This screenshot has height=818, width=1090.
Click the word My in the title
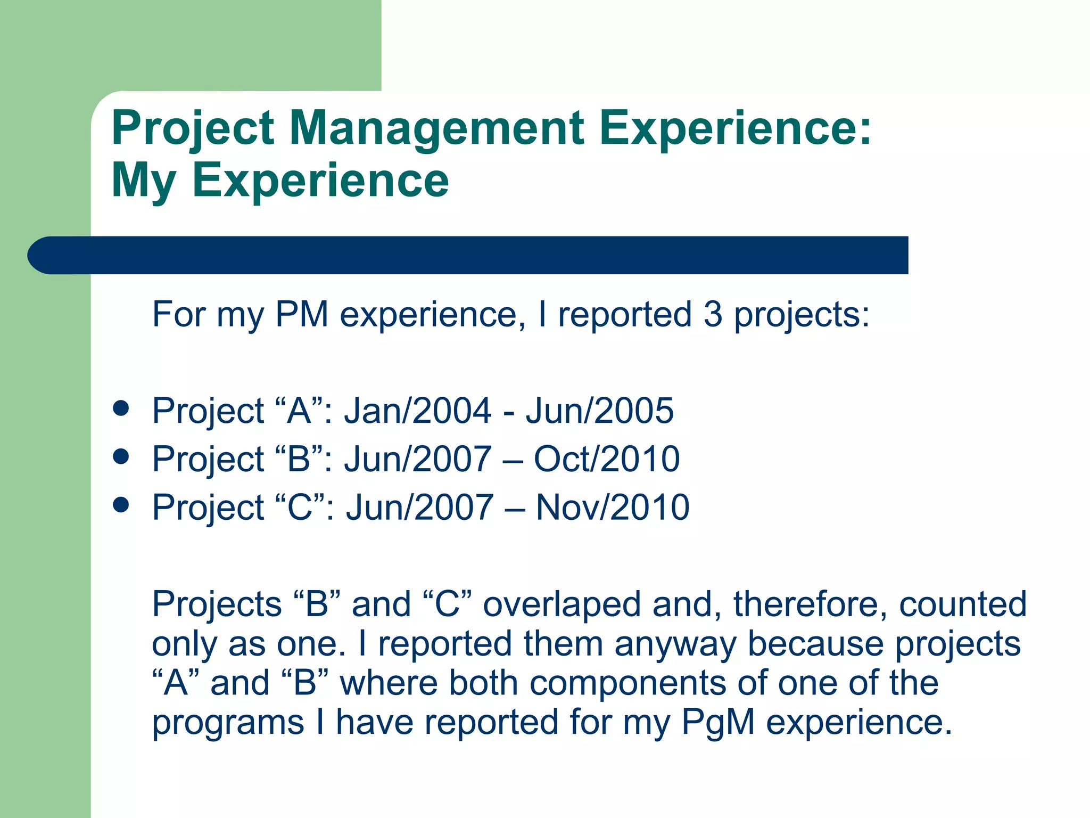point(143,181)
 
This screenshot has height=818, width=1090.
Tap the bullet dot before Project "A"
point(121,408)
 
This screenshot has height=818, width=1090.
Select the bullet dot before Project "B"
point(121,457)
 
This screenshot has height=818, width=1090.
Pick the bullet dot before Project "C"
point(121,505)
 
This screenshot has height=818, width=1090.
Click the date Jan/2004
point(417,411)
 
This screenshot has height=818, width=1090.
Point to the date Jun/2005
point(600,411)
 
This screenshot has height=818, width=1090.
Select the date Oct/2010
point(607,459)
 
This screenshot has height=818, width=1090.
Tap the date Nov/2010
point(613,507)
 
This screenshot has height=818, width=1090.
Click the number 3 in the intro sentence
point(713,314)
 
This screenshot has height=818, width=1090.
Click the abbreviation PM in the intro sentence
point(301,314)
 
